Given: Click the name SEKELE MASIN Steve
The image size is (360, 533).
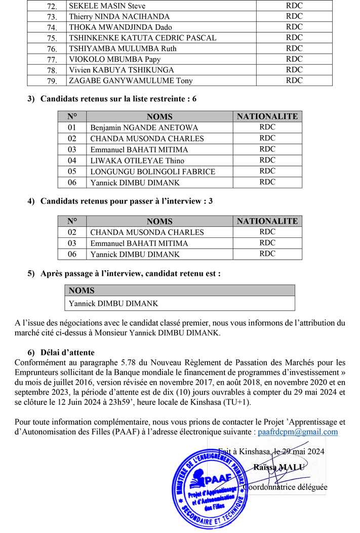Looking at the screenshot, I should [x=107, y=6].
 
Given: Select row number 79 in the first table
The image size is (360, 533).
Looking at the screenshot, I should [x=52, y=81].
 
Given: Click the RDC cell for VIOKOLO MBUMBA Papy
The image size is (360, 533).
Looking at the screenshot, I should [x=294, y=59].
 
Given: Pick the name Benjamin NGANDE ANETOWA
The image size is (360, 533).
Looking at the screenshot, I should [x=144, y=128].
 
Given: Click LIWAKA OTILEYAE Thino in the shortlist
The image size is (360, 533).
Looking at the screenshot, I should [x=130, y=160].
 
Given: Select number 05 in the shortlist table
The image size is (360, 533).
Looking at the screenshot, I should [x=72, y=172].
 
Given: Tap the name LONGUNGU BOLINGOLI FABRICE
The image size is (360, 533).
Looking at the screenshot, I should [x=152, y=172].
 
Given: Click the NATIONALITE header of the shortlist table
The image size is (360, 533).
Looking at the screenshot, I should [x=267, y=116].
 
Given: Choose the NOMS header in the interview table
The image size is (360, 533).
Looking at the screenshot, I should [x=159, y=221].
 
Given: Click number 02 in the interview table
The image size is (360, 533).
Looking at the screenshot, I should [x=72, y=232].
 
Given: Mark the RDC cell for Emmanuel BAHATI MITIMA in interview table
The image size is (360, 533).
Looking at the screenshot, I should [x=267, y=243].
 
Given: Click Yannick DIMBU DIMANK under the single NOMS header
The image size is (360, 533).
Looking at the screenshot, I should [x=113, y=304].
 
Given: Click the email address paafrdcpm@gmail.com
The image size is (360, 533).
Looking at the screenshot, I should [x=298, y=432].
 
